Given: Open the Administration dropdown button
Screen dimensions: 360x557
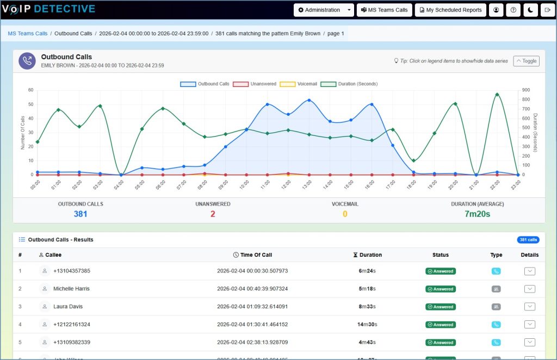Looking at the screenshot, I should (324, 10).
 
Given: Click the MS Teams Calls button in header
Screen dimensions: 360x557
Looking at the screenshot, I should (384, 10).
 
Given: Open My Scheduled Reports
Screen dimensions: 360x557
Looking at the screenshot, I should (450, 10).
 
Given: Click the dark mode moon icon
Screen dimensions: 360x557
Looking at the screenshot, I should (530, 10).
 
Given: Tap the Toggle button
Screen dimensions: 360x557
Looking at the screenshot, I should (526, 61).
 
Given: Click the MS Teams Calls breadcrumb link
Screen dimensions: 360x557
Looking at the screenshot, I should (28, 33).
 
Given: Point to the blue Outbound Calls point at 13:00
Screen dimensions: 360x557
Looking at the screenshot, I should (309, 100).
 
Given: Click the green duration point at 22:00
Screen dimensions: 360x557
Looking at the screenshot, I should (497, 94).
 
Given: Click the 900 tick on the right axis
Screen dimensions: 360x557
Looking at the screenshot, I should (525, 90).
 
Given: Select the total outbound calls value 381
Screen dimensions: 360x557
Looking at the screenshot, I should (81, 214).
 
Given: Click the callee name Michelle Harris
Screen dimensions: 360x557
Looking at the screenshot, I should (71, 289).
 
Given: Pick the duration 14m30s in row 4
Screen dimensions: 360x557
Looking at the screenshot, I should (367, 325).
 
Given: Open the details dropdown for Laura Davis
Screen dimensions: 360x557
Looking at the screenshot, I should (529, 307).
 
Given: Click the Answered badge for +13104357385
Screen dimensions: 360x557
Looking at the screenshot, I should (440, 271).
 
